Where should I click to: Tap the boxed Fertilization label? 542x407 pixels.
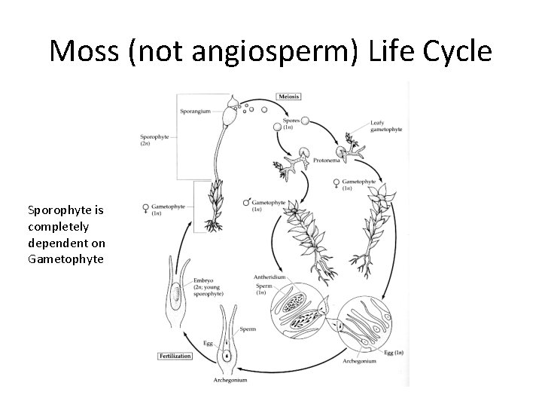[175, 355]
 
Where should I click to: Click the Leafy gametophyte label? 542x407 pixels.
[385, 126]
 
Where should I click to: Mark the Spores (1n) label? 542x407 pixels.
[291, 125]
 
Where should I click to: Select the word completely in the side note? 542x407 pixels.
[58, 225]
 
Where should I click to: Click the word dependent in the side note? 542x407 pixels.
[56, 242]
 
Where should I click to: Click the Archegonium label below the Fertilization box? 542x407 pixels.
[230, 381]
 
